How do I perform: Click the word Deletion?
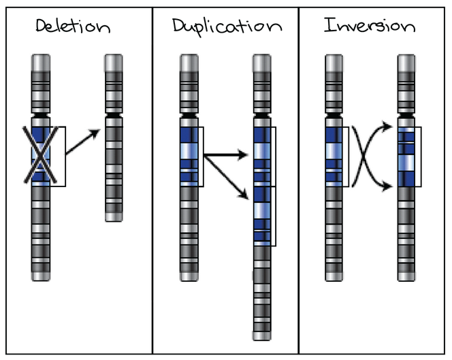coord(72,28)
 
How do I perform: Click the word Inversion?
coord(369,27)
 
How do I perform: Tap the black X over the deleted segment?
coord(41,156)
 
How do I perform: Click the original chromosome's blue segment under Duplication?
coord(189,156)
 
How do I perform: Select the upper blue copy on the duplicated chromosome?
coord(261,156)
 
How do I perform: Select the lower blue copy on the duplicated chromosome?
coord(261,215)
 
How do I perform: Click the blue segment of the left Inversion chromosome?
coord(334,156)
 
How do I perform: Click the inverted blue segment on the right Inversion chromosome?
coord(406,156)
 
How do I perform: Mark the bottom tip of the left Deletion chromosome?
coord(41,276)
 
